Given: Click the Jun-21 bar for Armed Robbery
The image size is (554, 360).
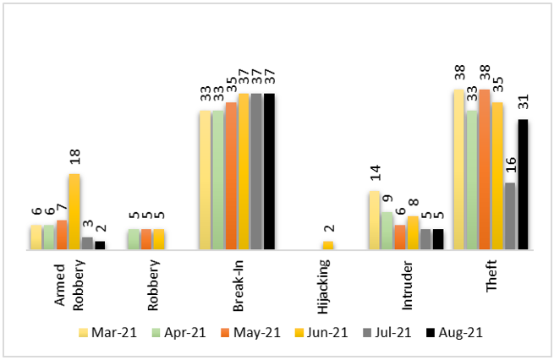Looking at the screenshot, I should pyautogui.click(x=74, y=211).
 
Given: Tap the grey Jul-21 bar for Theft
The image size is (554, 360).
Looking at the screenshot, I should pyautogui.click(x=510, y=216).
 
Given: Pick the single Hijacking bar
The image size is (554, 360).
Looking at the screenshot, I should pyautogui.click(x=328, y=245).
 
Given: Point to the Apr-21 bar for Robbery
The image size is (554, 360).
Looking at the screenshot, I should pyautogui.click(x=134, y=239).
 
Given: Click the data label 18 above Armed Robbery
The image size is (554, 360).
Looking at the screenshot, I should pyautogui.click(x=74, y=158).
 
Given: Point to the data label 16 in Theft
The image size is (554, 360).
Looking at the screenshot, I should pyautogui.click(x=510, y=166).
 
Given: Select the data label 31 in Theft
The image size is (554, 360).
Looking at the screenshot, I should pyautogui.click(x=524, y=103).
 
